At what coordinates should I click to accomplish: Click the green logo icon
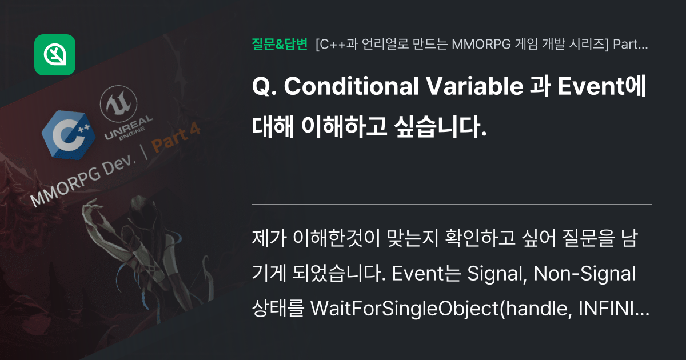pyautogui.click(x=55, y=55)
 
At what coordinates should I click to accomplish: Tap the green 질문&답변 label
pyautogui.click(x=280, y=44)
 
